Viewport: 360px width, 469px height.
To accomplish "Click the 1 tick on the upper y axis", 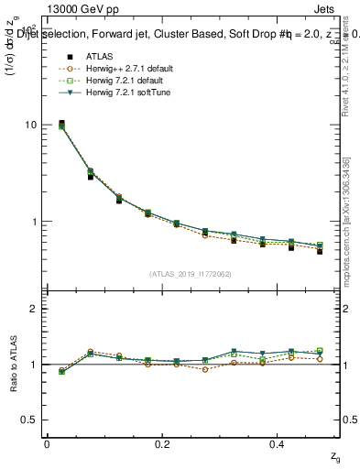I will (x=37, y=222).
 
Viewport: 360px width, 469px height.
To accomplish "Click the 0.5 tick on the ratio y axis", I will (x=33, y=420).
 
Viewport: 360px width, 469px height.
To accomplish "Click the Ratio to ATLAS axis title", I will (x=12, y=364).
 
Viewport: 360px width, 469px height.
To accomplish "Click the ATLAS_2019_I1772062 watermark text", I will (x=190, y=274).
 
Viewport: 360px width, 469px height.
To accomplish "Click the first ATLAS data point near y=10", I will (x=61, y=123).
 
